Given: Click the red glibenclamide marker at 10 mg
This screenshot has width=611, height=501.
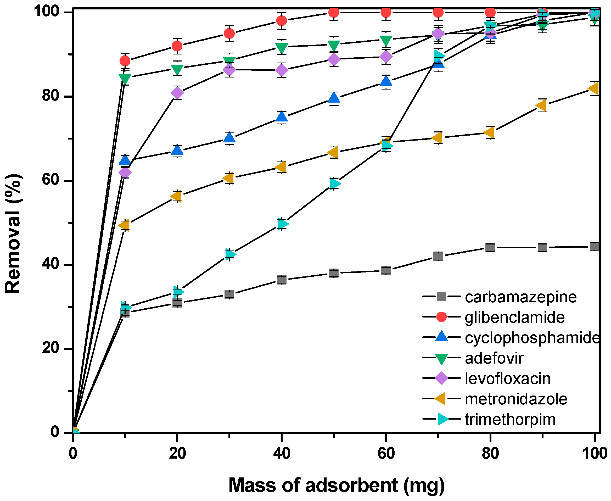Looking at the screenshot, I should tap(125, 61).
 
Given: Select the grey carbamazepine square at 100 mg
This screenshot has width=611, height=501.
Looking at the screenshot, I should tap(595, 247).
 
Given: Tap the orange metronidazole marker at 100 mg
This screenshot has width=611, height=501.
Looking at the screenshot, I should tap(594, 88).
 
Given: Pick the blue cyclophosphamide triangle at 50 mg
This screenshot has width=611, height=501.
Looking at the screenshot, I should tap(334, 98).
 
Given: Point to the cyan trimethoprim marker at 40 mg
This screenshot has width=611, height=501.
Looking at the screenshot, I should tap(283, 224).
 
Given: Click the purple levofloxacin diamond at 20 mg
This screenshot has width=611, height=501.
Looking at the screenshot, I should tap(177, 93).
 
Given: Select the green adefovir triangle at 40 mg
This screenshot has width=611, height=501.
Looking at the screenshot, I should tap(282, 48).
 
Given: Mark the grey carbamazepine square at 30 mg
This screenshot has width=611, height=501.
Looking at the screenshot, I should tap(229, 294).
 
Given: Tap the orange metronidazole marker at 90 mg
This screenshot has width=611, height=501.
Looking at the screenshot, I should tap(541, 105).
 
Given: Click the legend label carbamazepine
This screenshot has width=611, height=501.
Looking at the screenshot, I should tap(521, 297).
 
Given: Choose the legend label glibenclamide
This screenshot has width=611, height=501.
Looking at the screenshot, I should tap(515, 318).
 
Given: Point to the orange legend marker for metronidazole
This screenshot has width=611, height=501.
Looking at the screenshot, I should tap(440, 399).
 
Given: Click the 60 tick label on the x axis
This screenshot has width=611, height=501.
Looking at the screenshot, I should tap(386, 453).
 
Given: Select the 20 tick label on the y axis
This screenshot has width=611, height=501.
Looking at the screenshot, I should tap(51, 348).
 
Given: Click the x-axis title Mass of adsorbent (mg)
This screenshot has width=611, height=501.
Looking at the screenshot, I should tap(336, 485).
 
